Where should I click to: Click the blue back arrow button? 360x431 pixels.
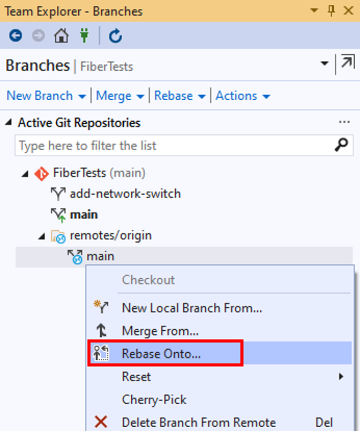click(16, 36)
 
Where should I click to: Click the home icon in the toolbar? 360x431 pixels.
click(61, 36)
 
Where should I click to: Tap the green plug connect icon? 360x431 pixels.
click(84, 35)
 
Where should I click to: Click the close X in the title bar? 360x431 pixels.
click(348, 11)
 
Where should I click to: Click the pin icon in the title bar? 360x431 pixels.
click(332, 11)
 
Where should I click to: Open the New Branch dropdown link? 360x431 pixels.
click(46, 96)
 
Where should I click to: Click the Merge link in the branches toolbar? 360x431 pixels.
click(120, 96)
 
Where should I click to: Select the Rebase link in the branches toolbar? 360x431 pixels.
click(180, 96)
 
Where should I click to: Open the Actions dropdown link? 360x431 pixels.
click(243, 96)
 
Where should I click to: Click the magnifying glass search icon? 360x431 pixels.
click(341, 145)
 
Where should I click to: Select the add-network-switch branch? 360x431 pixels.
click(125, 194)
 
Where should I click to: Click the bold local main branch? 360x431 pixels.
click(84, 214)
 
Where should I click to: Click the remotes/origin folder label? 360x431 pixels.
click(111, 235)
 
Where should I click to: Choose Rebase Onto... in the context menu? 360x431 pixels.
click(161, 354)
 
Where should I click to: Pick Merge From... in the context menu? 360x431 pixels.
click(160, 331)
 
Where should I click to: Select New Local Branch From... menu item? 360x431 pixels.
click(192, 308)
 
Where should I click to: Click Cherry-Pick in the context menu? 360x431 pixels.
click(154, 400)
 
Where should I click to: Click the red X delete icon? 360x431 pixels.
click(101, 422)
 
